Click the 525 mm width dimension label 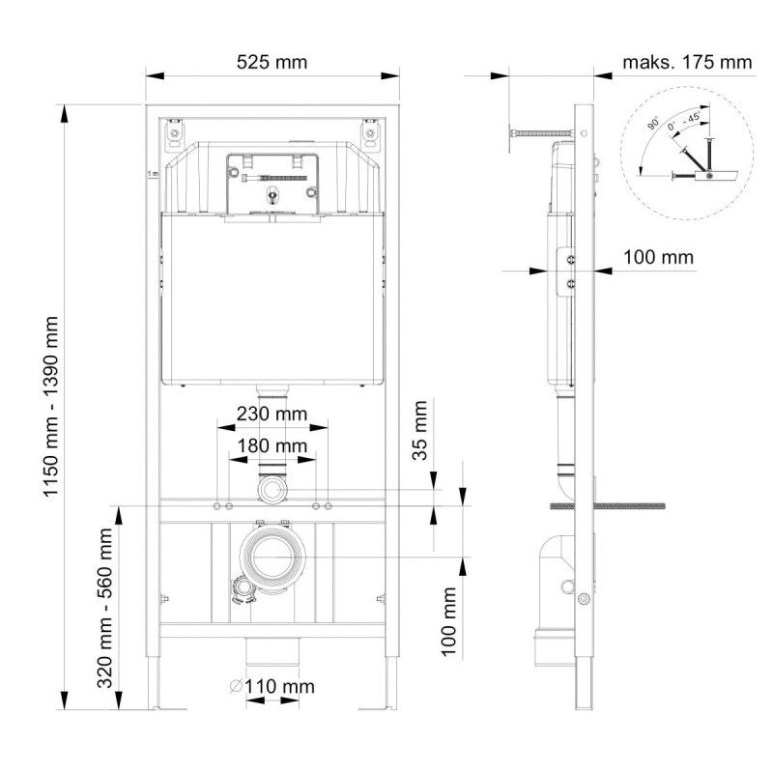[x=272, y=63]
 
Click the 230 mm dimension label [x=272, y=414]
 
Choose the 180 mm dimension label [x=272, y=445]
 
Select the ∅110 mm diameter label [x=272, y=687]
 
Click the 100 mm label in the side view [x=657, y=258]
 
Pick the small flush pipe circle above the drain [x=273, y=491]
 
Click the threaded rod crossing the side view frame [x=609, y=505]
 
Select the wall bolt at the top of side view [x=541, y=132]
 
